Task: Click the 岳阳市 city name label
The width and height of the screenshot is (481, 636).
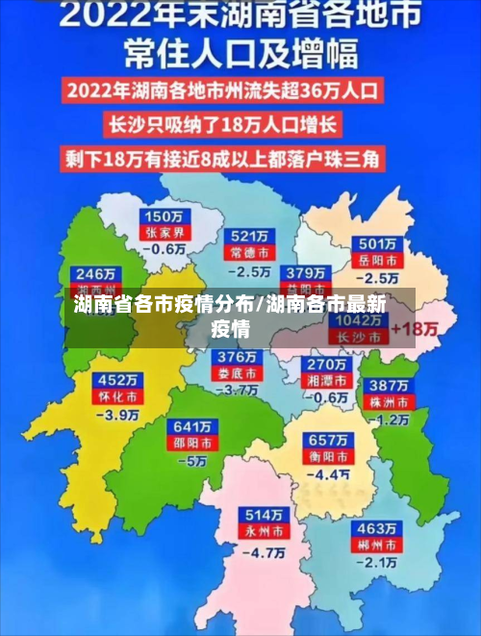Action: [377, 260]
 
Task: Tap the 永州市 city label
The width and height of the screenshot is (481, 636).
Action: [264, 531]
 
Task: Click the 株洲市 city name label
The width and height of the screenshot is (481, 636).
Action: [392, 401]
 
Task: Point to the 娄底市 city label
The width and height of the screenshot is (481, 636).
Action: [237, 373]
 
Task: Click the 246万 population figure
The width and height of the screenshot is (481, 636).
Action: [96, 272]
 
